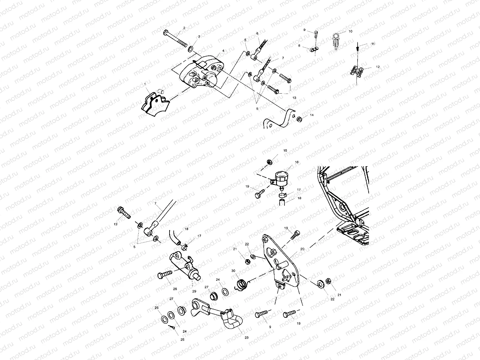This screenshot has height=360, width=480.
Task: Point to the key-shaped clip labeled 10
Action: pos(336,41)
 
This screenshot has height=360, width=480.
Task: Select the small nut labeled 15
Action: pos(269,162)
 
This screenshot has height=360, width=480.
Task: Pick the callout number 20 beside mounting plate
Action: pos(302,249)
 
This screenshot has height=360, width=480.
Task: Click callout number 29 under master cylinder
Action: pos(194,291)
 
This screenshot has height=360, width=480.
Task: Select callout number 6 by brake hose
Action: pos(257,33)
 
